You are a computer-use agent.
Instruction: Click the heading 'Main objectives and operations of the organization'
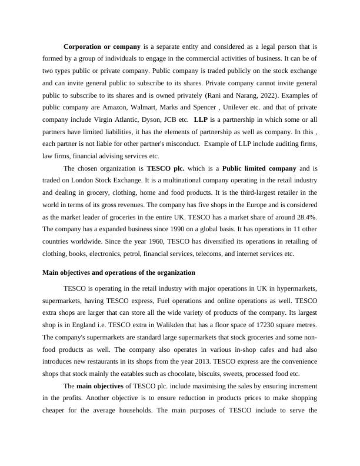click(x=119, y=273)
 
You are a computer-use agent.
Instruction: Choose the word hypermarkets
click(x=296, y=287)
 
